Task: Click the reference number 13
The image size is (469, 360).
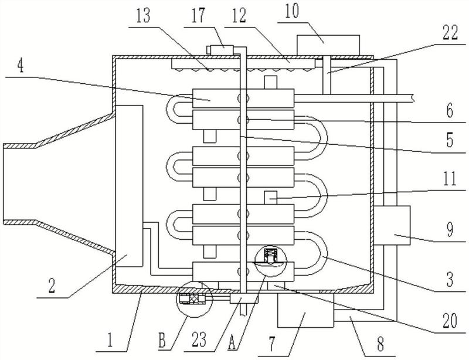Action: (x=143, y=16)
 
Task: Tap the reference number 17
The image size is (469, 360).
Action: (x=198, y=16)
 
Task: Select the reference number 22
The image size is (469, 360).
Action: (x=450, y=33)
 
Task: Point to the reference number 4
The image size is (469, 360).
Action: (x=20, y=67)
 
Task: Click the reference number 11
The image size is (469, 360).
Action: (x=450, y=179)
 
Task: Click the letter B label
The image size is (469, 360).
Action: (x=162, y=341)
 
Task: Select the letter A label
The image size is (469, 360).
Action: (x=231, y=342)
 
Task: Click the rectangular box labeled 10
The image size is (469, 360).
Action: (x=328, y=45)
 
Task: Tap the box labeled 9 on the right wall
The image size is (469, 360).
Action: (x=392, y=225)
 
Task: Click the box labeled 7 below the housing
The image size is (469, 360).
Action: (x=305, y=310)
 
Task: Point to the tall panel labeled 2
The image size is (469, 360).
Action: (x=129, y=186)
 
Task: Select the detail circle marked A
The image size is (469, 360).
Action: (x=270, y=260)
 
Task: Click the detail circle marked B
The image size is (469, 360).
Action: (x=194, y=299)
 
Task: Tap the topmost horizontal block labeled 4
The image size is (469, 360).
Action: (x=243, y=99)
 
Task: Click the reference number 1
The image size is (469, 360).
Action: (x=110, y=341)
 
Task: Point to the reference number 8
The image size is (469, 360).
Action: (x=380, y=344)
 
